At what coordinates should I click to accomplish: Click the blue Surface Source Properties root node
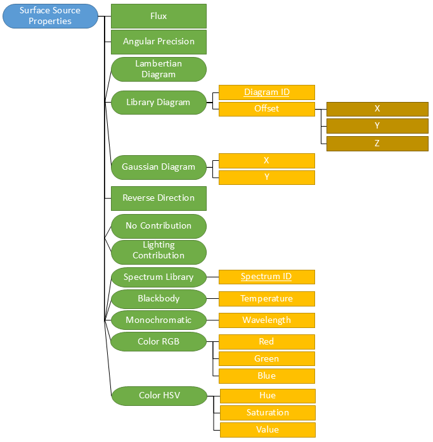(x=50, y=16)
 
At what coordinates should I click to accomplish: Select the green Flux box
(x=158, y=16)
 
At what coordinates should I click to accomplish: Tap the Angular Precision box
(x=158, y=42)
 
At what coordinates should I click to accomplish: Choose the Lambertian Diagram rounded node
(x=158, y=69)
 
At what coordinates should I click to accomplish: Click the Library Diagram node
(x=158, y=102)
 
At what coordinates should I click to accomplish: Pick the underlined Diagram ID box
(x=266, y=92)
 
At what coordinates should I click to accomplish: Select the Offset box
(x=266, y=109)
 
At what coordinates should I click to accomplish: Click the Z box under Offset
(x=377, y=144)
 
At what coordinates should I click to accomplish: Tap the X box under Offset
(x=377, y=109)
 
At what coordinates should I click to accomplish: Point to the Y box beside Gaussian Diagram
(x=266, y=177)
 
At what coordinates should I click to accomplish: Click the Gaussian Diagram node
(x=158, y=167)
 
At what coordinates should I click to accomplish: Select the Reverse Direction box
(x=158, y=198)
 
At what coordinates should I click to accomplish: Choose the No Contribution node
(x=158, y=226)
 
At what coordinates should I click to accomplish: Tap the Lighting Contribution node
(x=158, y=251)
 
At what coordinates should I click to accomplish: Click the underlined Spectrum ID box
(x=266, y=277)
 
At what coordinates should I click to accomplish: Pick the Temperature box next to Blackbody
(x=266, y=298)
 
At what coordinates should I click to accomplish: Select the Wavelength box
(x=266, y=320)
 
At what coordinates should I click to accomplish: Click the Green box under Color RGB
(x=266, y=358)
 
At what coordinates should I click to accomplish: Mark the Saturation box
(x=268, y=413)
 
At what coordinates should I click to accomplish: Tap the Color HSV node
(x=159, y=396)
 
